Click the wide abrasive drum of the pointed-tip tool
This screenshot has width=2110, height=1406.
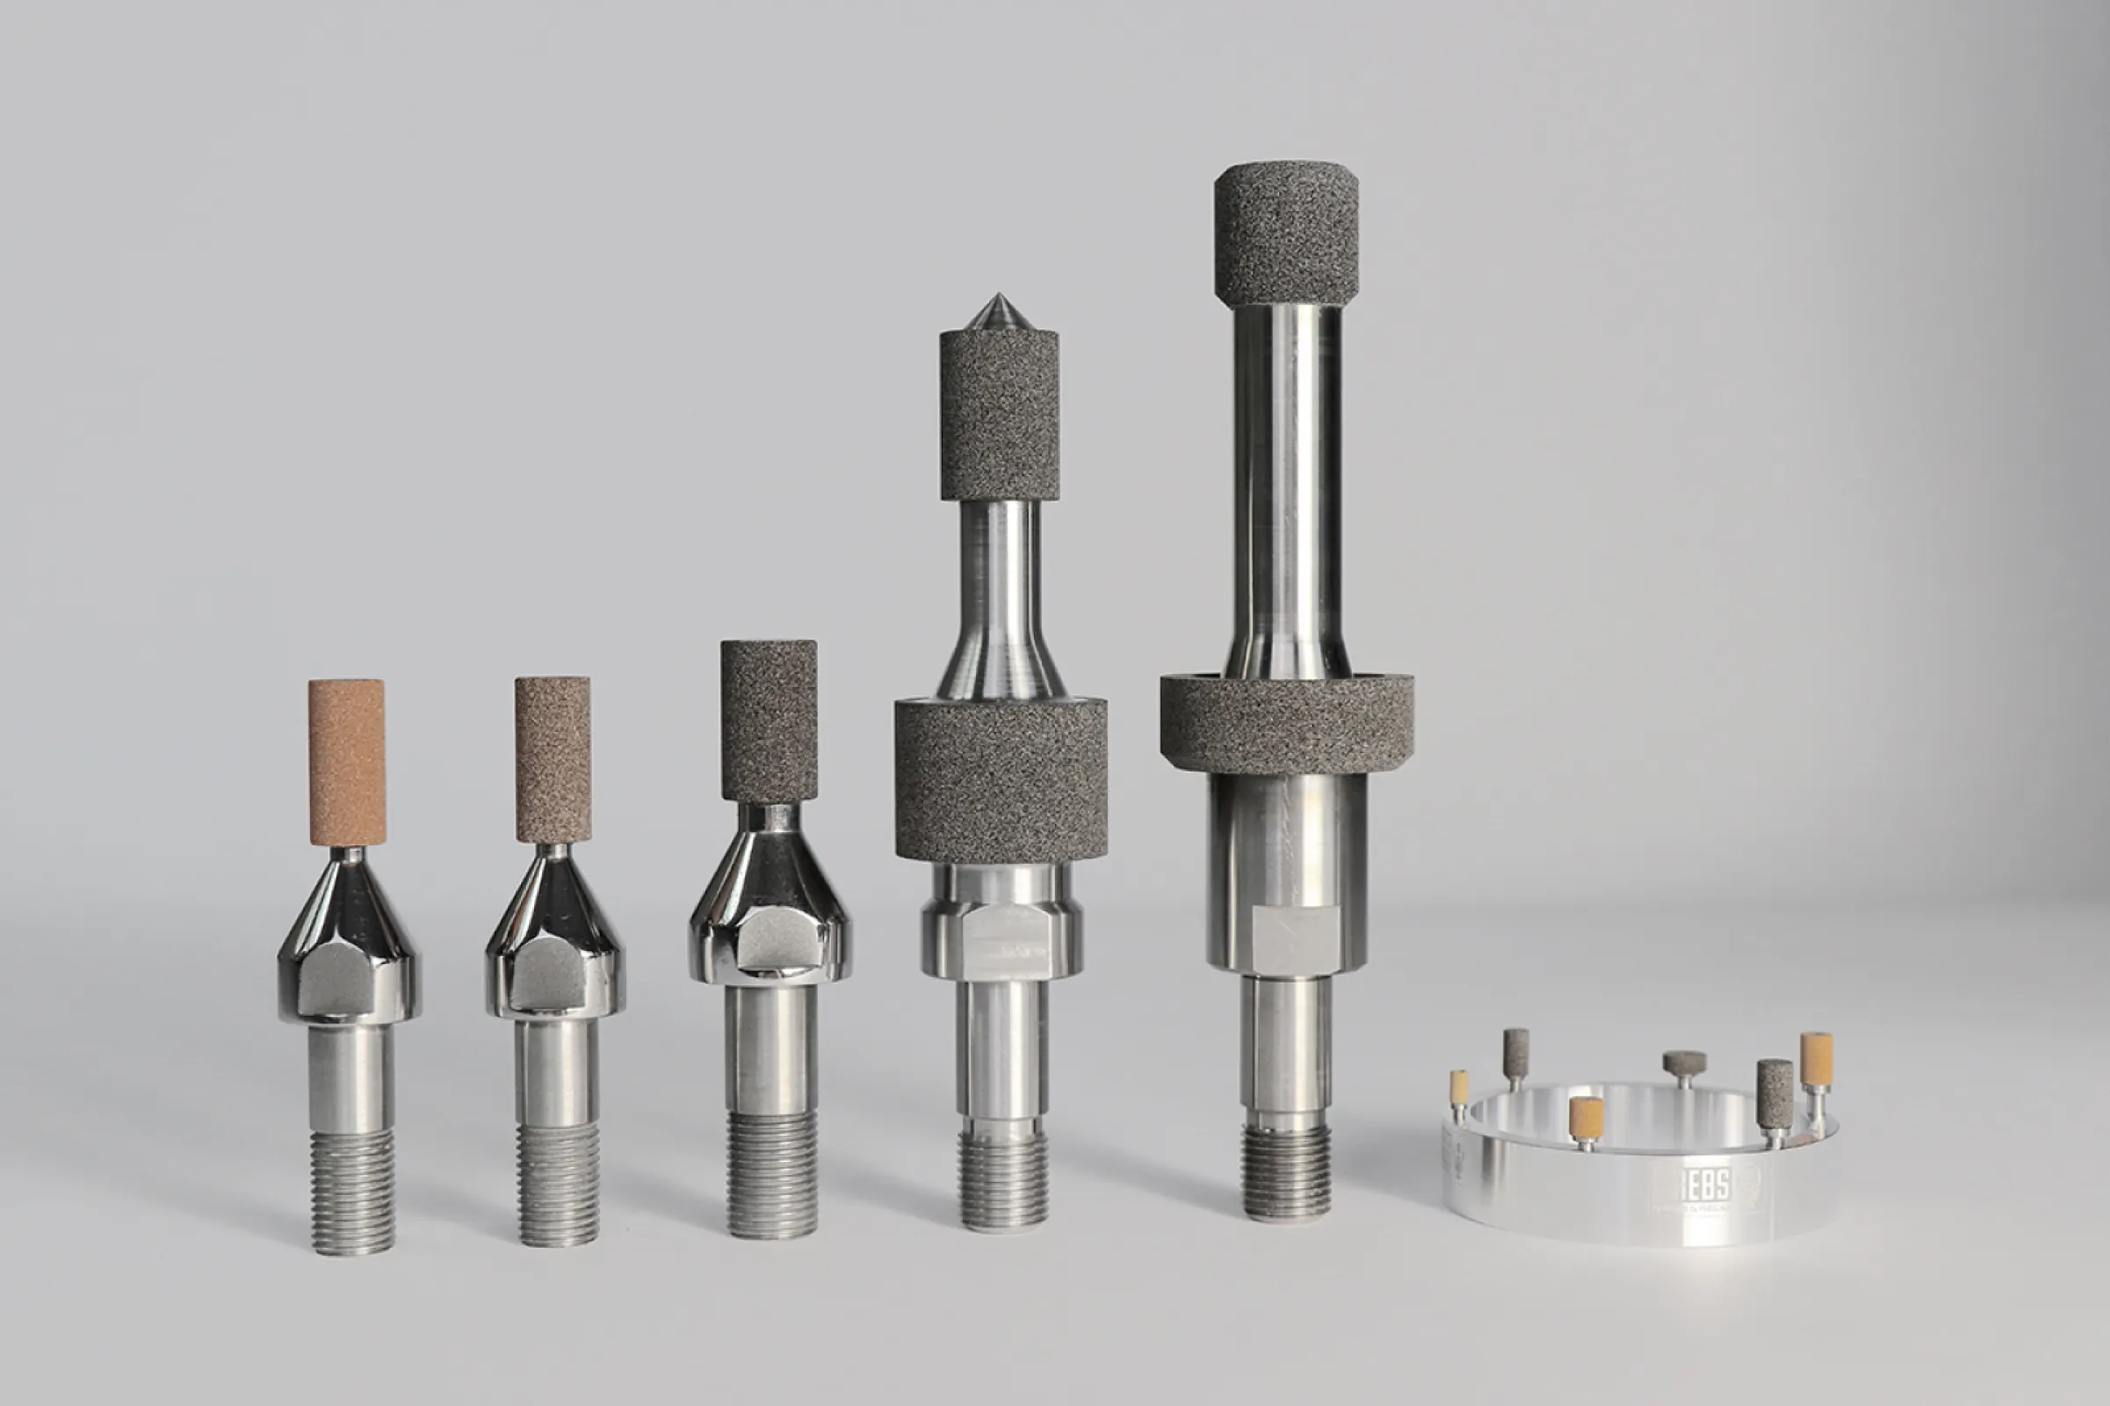pos(1001,780)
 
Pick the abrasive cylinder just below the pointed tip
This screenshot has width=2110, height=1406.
pos(999,414)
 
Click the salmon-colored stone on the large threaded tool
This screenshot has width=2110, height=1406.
pos(347,762)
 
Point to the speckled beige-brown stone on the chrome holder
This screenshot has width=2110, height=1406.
pos(553,758)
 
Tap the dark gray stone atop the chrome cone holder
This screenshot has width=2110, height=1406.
pos(768,721)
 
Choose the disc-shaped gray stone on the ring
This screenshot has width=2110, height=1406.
pos(1684,1063)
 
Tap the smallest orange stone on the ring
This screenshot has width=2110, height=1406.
pos(1459,1087)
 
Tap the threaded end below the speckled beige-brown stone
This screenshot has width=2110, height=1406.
pos(558,1184)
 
